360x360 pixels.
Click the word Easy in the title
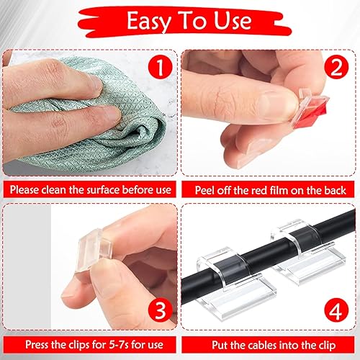click(x=148, y=22)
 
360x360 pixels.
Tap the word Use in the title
click(x=233, y=21)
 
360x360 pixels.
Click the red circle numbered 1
click(x=160, y=67)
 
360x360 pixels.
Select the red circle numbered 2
click(x=336, y=67)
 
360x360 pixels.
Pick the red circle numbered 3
click(x=161, y=310)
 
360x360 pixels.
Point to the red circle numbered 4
click(x=336, y=310)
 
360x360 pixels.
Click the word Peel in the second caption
click(x=204, y=190)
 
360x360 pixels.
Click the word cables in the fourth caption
click(x=262, y=345)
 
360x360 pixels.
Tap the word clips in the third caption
click(x=79, y=345)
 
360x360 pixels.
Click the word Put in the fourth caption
click(x=220, y=345)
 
